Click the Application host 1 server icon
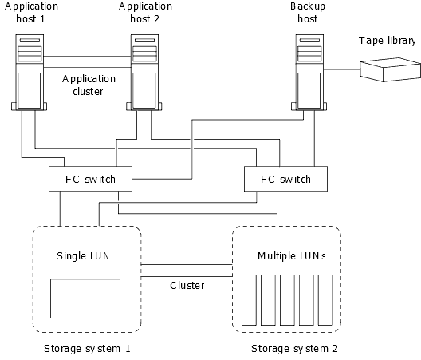tap(30, 73)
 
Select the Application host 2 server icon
tap(144, 73)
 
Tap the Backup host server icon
tap(309, 73)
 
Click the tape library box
tap(390, 69)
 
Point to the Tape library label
tap(388, 41)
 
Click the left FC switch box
tap(90, 179)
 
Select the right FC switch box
tap(285, 179)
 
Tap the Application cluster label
tap(89, 85)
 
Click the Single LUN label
tap(83, 256)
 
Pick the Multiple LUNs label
tap(291, 256)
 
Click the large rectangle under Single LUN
tap(85, 299)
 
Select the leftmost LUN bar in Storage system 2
tap(249, 300)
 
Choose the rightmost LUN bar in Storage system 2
tap(325, 300)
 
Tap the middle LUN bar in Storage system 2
tap(287, 300)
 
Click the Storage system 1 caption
tap(87, 349)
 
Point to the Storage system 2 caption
tap(294, 349)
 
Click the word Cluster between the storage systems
tap(187, 285)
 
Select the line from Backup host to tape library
tap(341, 69)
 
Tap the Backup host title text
tap(308, 12)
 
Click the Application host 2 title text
tap(145, 12)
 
